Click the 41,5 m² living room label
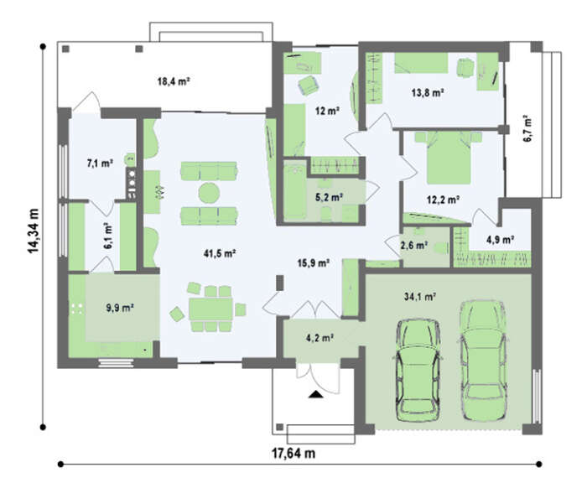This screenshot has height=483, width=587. pyautogui.click(x=220, y=253)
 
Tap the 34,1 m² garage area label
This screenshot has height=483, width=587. pyautogui.click(x=419, y=297)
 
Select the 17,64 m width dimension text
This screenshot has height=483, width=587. pyautogui.click(x=293, y=454)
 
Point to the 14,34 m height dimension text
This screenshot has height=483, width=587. pyautogui.click(x=34, y=231)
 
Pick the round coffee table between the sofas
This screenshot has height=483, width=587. pyautogui.click(x=209, y=193)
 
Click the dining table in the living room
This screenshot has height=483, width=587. pyautogui.click(x=210, y=309)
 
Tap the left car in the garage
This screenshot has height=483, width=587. pyautogui.click(x=418, y=371)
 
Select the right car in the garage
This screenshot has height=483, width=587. pyautogui.click(x=483, y=361)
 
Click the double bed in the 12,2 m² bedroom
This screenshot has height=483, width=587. pyautogui.click(x=449, y=158)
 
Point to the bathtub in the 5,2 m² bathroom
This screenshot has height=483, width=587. pyautogui.click(x=295, y=193)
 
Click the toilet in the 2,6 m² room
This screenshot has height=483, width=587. pyautogui.click(x=441, y=248)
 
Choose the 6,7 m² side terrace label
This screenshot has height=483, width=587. pyautogui.click(x=527, y=128)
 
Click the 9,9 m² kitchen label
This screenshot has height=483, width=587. pyautogui.click(x=120, y=308)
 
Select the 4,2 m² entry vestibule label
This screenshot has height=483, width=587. pyautogui.click(x=319, y=338)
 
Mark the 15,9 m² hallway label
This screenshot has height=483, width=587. pyautogui.click(x=314, y=263)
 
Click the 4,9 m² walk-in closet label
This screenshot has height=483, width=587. pyautogui.click(x=500, y=240)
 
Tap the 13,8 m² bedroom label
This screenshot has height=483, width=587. pyautogui.click(x=428, y=92)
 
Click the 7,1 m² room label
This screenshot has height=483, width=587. pyautogui.click(x=101, y=164)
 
